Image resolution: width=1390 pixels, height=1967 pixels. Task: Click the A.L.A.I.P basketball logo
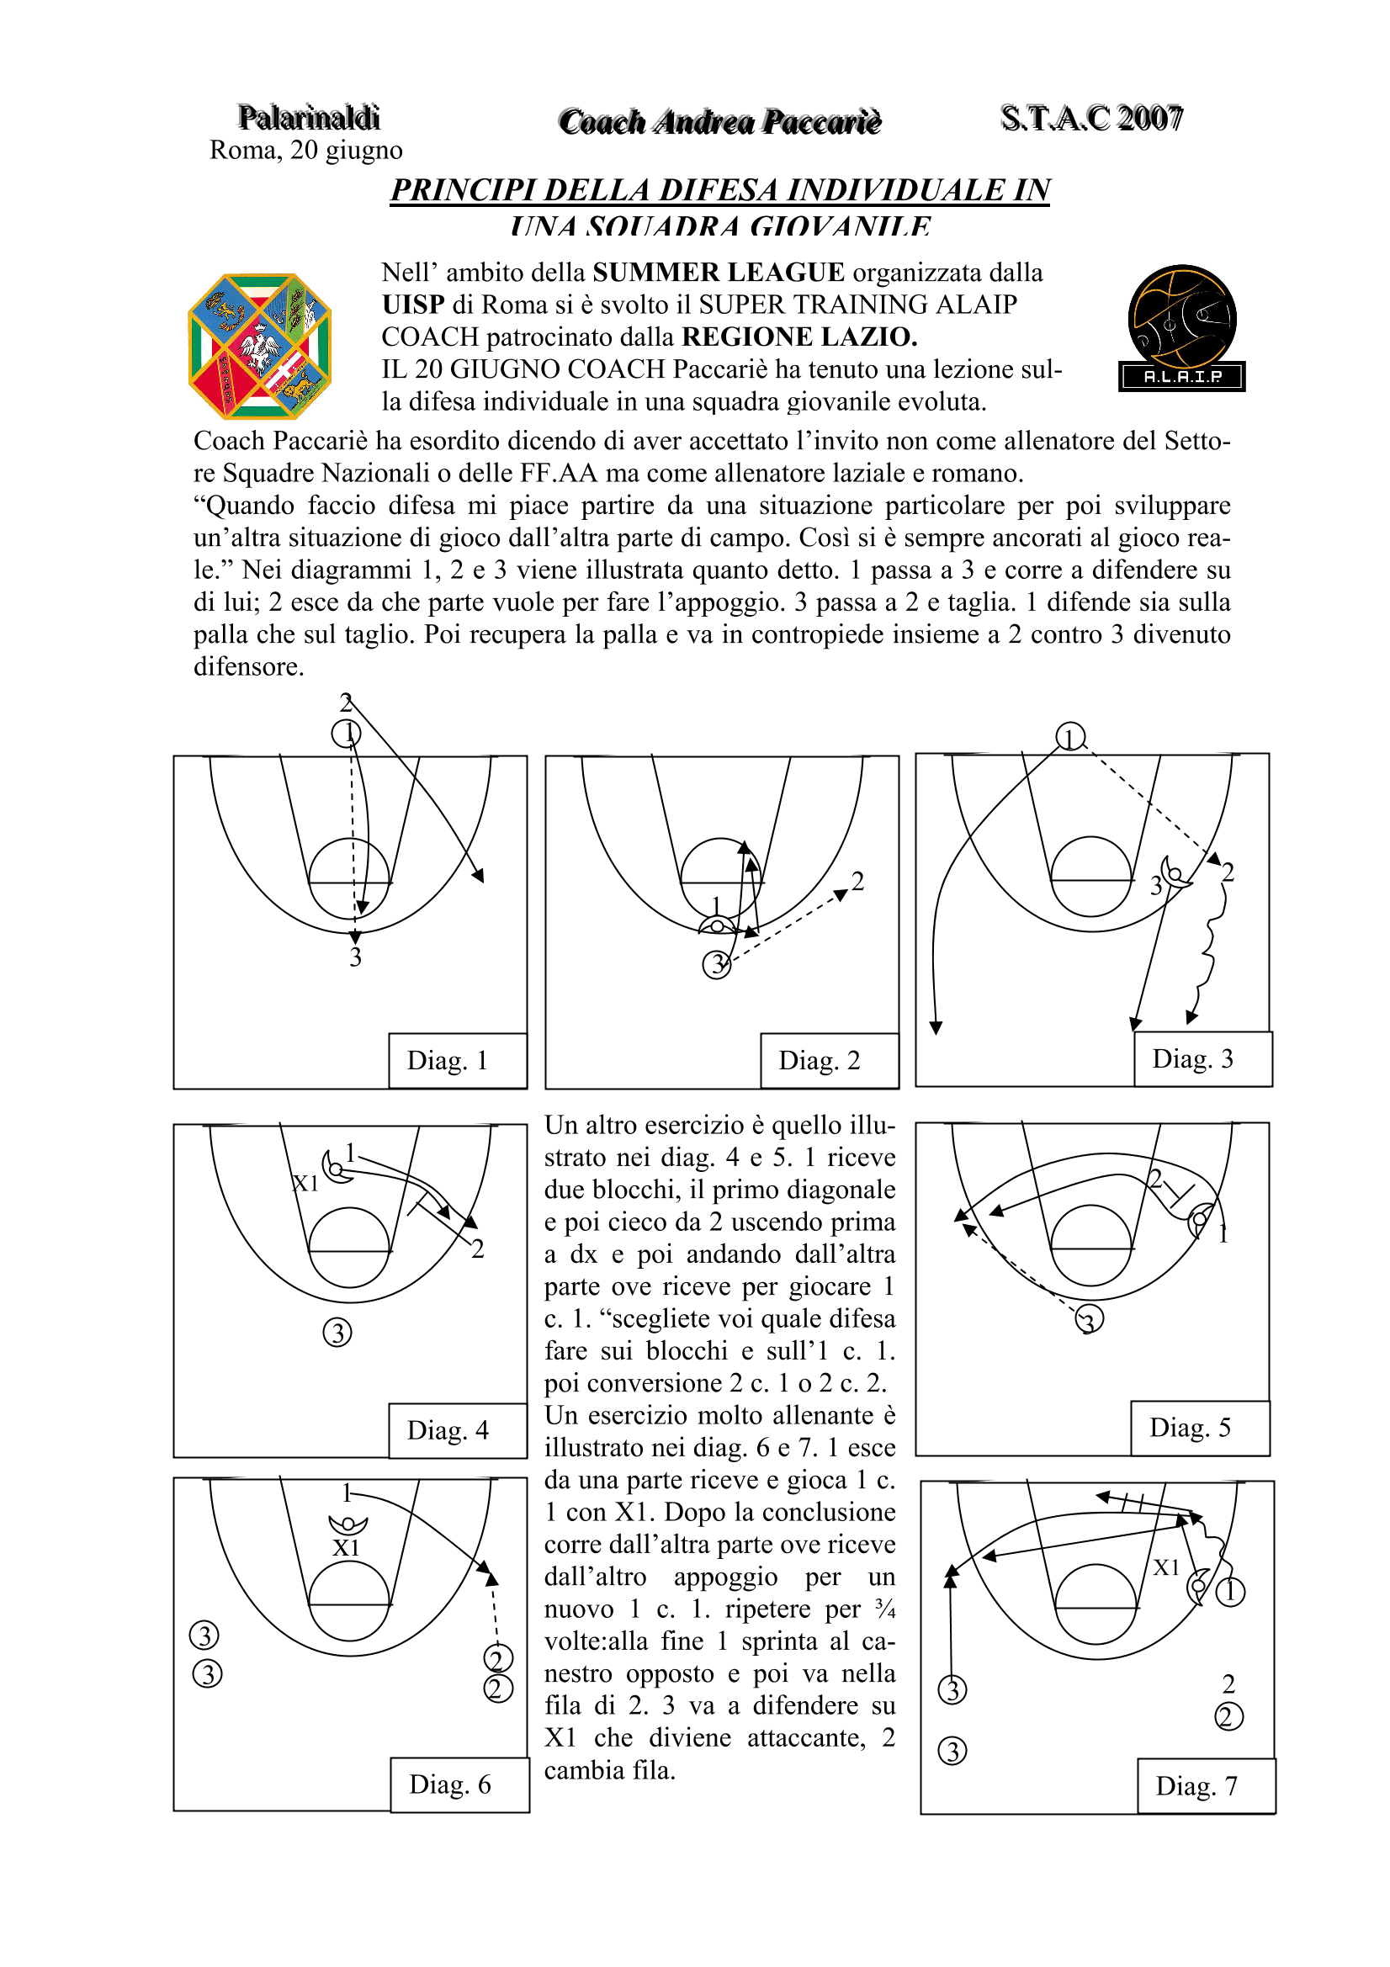1182,328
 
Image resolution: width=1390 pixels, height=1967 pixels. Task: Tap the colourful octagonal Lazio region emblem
260,346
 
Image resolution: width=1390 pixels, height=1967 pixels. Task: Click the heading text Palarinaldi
309,118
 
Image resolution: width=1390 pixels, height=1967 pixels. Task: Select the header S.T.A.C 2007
1091,119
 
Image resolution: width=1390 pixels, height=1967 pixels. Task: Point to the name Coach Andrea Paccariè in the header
720,122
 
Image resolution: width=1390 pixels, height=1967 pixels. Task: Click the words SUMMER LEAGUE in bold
718,273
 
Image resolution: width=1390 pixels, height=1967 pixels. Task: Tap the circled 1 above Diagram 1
346,734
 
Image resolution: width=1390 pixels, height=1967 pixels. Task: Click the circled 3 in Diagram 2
716,965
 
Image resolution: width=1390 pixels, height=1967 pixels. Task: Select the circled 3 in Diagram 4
337,1332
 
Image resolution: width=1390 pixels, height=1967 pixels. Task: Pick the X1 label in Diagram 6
346,1548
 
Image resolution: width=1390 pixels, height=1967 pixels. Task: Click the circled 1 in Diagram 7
1231,1592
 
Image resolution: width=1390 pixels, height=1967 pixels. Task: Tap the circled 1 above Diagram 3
1069,737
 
